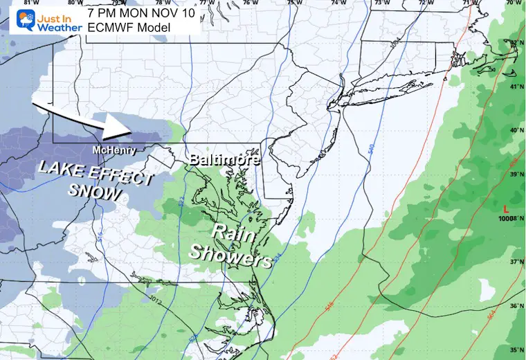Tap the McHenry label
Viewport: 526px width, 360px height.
pyautogui.click(x=113, y=149)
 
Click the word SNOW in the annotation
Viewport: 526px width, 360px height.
pyautogui.click(x=93, y=192)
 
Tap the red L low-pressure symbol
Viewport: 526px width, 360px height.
pyautogui.click(x=509, y=208)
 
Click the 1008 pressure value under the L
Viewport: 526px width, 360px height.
pyautogui.click(x=510, y=218)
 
